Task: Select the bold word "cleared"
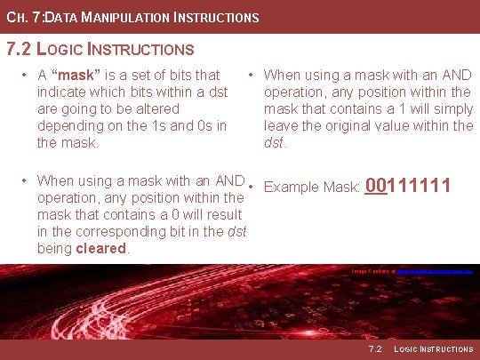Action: [x=101, y=248]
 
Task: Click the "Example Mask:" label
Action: [x=312, y=188]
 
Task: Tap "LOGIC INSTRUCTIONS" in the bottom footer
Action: [x=433, y=348]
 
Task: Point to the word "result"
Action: [x=225, y=214]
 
